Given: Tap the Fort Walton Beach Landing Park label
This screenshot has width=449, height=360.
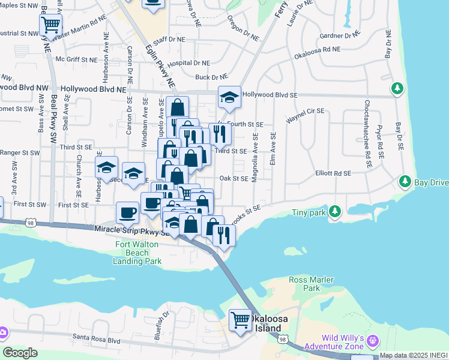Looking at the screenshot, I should pyautogui.click(x=137, y=253).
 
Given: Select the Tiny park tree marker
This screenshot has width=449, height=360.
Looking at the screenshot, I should pyautogui.click(x=336, y=211).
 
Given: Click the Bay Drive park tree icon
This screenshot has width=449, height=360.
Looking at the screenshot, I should pyautogui.click(x=405, y=181).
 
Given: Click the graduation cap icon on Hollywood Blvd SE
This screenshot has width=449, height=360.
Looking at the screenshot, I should pyautogui.click(x=229, y=97).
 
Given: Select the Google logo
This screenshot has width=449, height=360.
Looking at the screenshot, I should pyautogui.click(x=20, y=353).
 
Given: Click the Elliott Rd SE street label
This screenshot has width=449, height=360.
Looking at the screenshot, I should pyautogui.click(x=333, y=173).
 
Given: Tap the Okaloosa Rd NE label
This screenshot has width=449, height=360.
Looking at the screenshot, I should pyautogui.click(x=317, y=53).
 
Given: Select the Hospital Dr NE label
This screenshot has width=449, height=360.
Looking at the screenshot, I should pyautogui.click(x=189, y=62).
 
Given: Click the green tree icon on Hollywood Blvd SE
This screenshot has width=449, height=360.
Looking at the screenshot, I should pyautogui.click(x=397, y=89).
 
